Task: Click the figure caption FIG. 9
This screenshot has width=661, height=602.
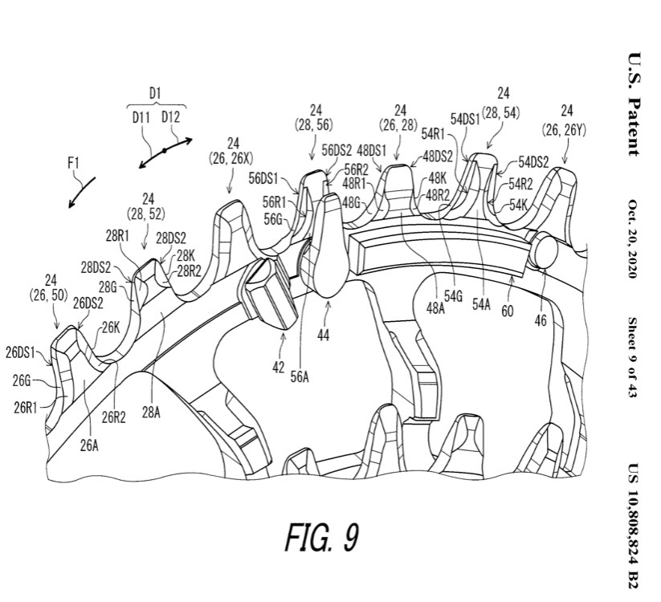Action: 323,537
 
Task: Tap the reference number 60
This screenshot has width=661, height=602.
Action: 507,311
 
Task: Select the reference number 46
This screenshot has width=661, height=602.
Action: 541,320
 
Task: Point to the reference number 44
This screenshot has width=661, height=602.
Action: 324,335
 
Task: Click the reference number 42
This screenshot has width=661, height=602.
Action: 278,368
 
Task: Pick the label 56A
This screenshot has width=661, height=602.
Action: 300,377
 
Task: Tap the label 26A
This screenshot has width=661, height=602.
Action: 89,445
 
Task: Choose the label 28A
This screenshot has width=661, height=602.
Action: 150,413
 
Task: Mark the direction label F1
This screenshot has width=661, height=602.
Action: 73,163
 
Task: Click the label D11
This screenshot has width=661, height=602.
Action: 141,117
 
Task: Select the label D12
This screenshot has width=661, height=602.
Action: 170,117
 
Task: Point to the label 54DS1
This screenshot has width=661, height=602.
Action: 465,120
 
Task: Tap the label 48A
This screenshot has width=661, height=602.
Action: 435,308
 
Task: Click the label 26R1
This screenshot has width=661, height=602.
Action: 26,408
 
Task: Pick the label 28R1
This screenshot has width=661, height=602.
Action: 117,236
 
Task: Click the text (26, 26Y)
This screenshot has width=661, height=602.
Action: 564,131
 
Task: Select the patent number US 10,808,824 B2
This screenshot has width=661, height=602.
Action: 633,527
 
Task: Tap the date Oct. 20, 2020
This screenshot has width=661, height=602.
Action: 633,238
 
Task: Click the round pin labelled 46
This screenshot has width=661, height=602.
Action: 545,250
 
